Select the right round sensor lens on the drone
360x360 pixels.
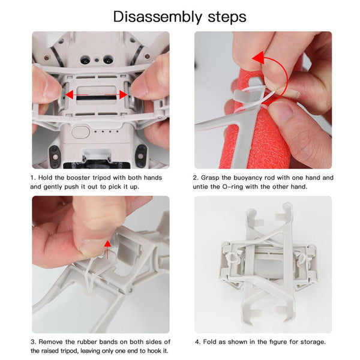[x=109, y=61]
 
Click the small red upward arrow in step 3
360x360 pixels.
[x=107, y=244]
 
